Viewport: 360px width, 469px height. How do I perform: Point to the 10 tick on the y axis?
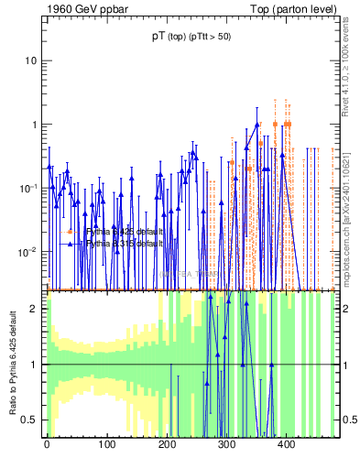tap(31, 60)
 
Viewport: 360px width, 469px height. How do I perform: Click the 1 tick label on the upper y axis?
tap(34, 125)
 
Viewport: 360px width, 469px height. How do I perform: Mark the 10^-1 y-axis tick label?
tap(28, 188)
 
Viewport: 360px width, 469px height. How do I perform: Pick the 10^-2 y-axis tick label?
tap(28, 251)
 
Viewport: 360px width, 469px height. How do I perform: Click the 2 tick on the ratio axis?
tap(34, 309)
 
